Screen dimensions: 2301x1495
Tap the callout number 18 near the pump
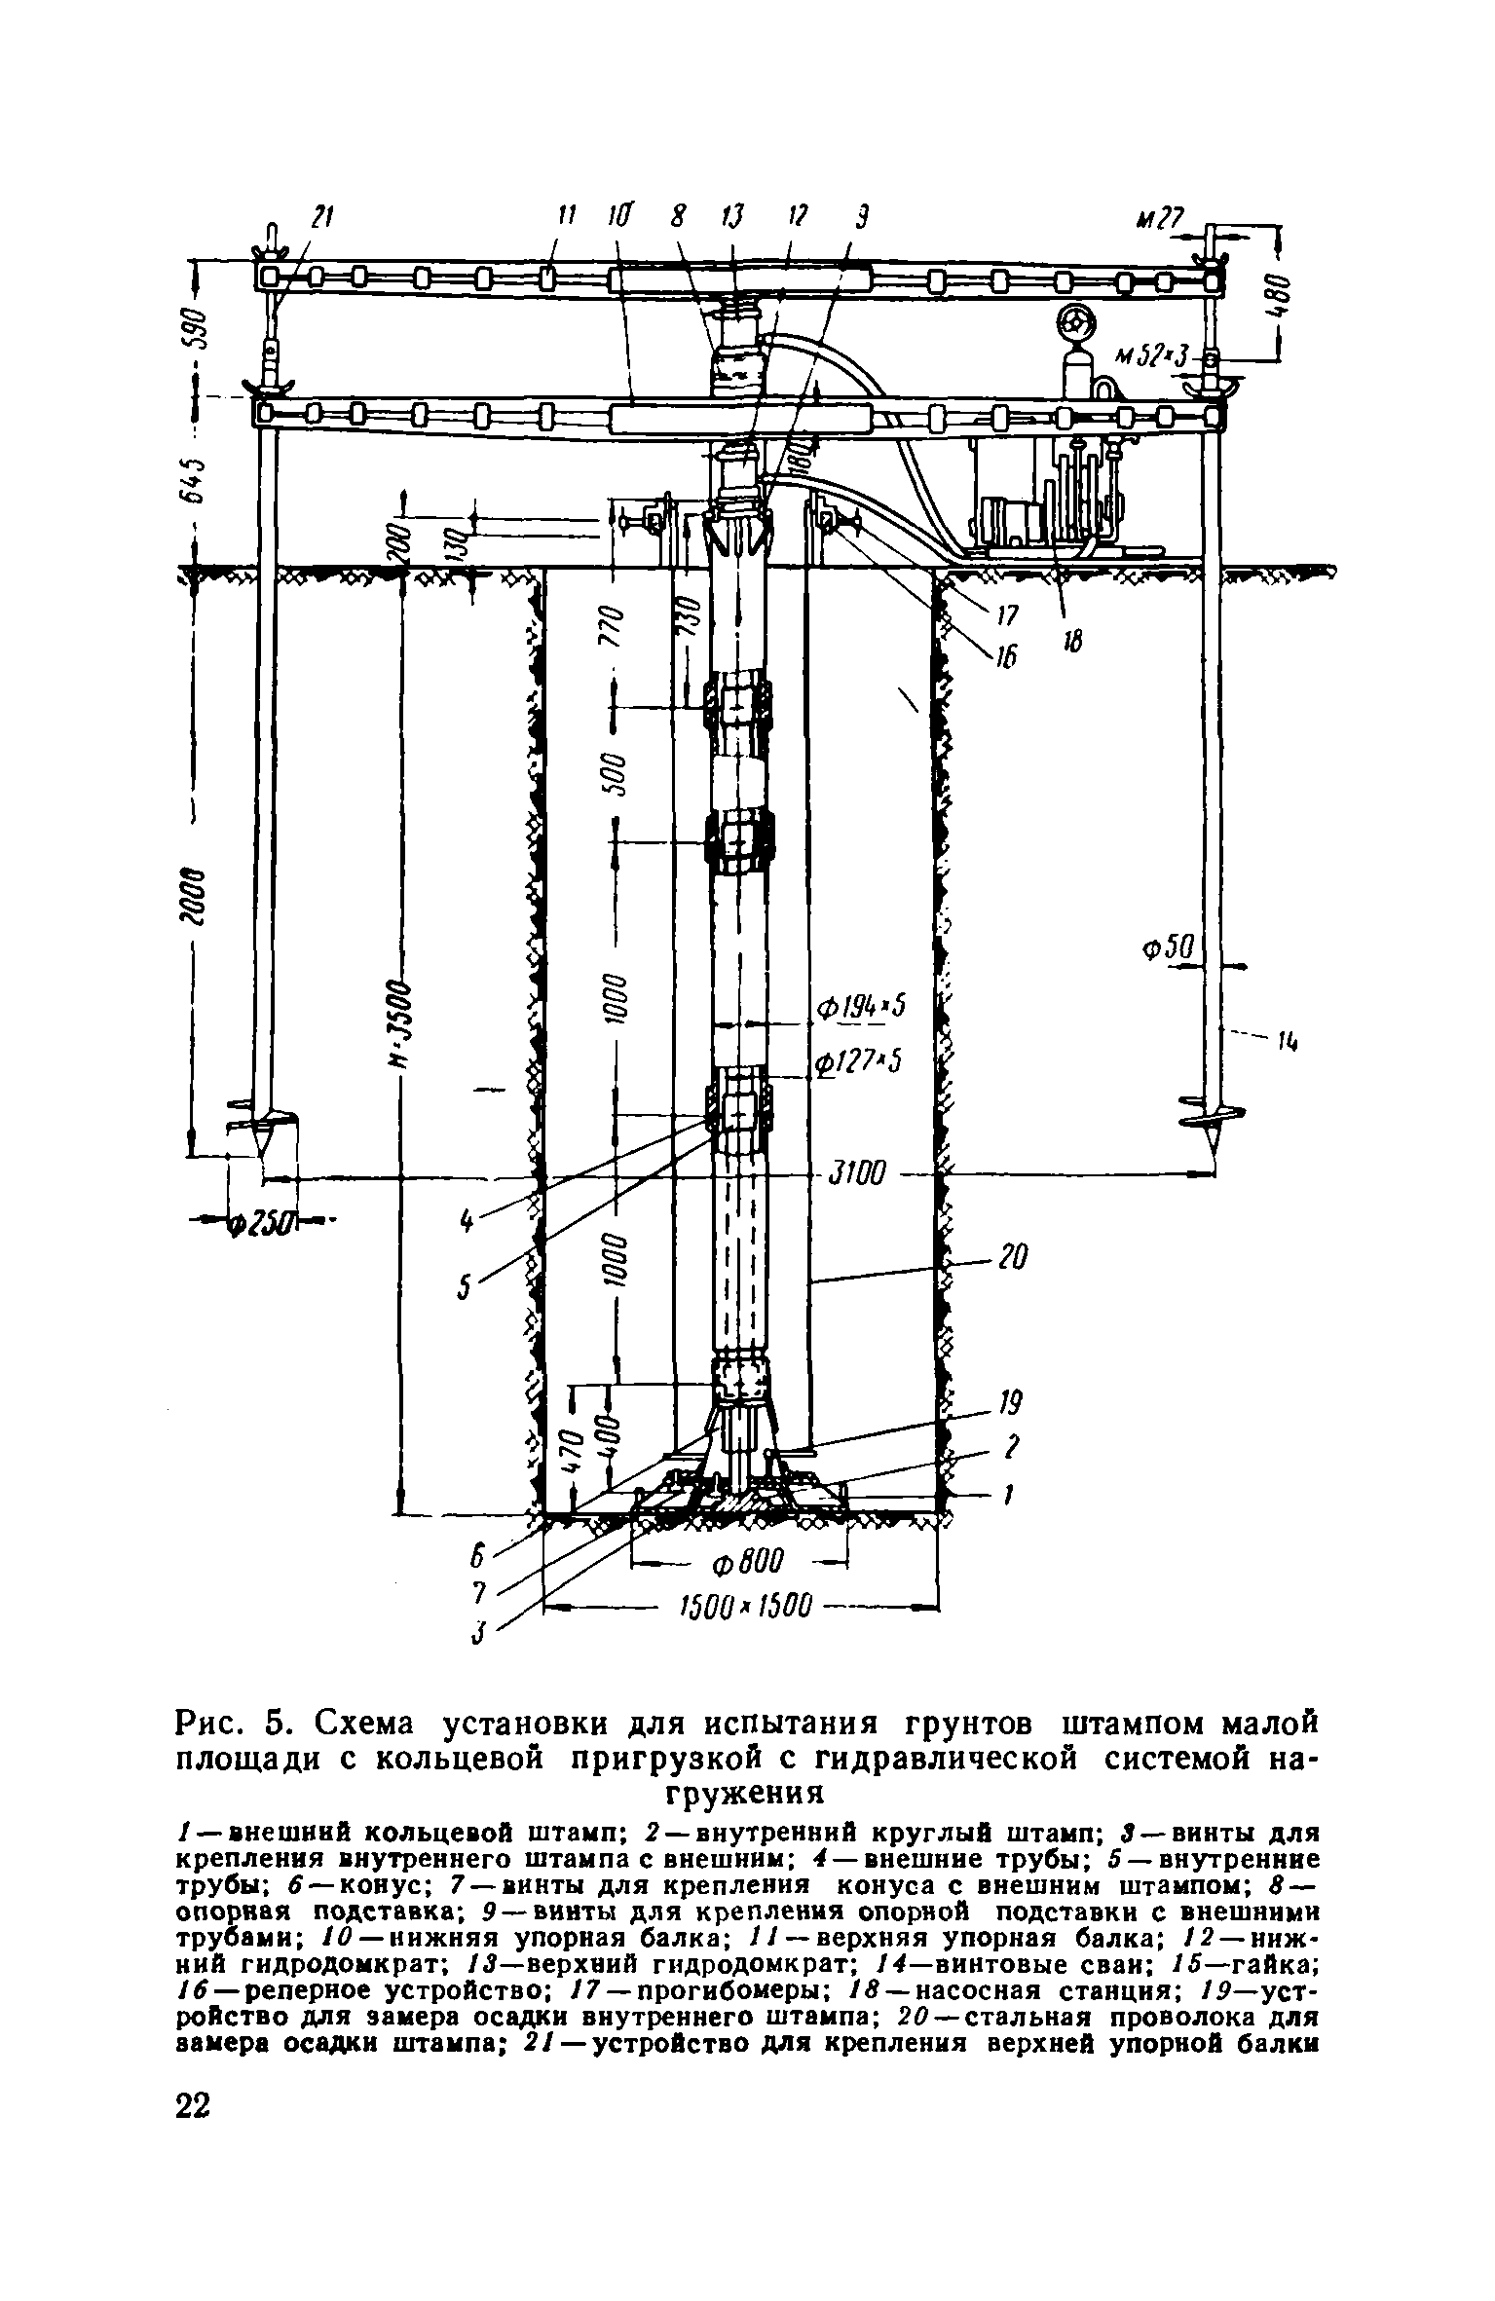[x=1074, y=640]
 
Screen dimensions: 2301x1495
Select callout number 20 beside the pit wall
[x=1013, y=1257]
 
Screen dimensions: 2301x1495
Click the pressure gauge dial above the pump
[x=1077, y=322]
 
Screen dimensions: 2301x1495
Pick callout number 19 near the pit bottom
[x=1010, y=1403]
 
